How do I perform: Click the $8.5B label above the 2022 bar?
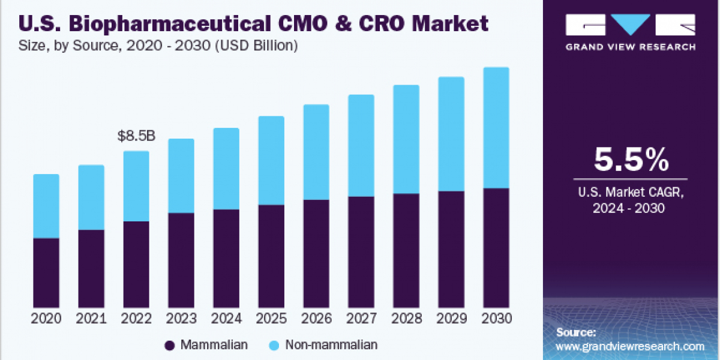click(x=136, y=136)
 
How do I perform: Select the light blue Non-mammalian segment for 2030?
click(x=496, y=128)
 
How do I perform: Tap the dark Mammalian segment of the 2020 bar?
click(x=46, y=272)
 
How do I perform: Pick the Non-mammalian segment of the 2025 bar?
click(x=271, y=160)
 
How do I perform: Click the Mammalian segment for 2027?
click(x=361, y=252)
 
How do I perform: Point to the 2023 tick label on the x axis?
click(x=181, y=319)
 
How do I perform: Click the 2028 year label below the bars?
click(x=406, y=319)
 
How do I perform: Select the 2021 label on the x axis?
click(x=91, y=319)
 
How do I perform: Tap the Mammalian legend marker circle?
click(x=170, y=345)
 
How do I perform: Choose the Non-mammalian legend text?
click(x=331, y=345)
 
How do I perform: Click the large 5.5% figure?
click(x=631, y=160)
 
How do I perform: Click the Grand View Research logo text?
click(x=631, y=47)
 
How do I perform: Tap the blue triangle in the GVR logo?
click(x=631, y=25)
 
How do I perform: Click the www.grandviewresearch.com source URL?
click(x=630, y=346)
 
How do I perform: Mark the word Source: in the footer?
click(x=576, y=332)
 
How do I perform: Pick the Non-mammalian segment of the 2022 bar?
click(x=136, y=186)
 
